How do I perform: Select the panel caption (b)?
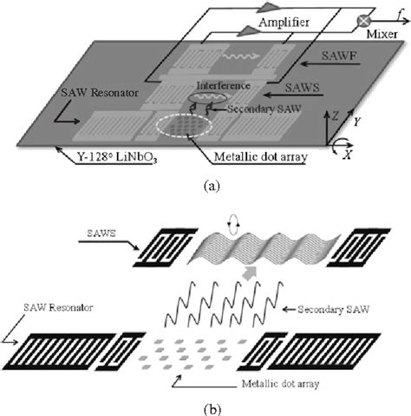205,405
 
